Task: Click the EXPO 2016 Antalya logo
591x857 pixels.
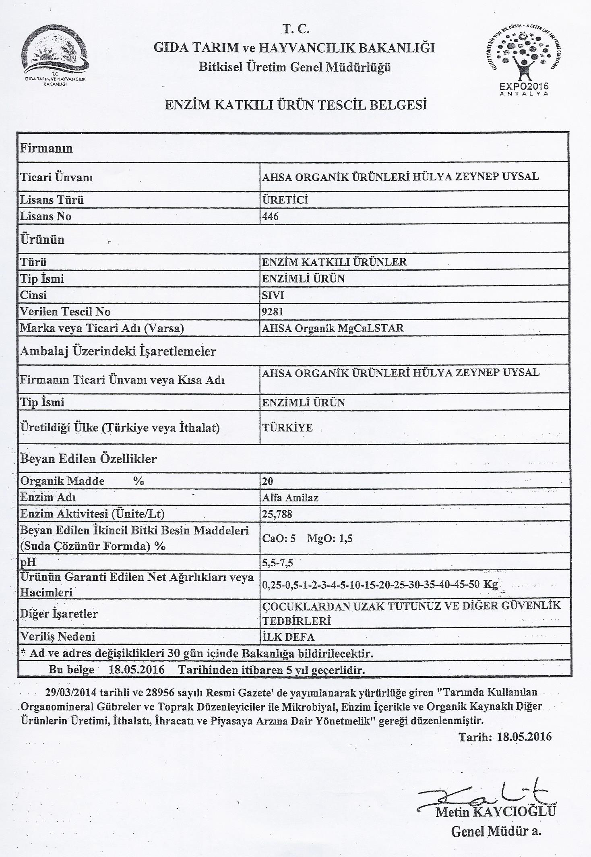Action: pyautogui.click(x=524, y=58)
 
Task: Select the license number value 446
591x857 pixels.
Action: pyautogui.click(x=270, y=217)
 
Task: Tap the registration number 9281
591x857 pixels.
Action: pyautogui.click(x=273, y=312)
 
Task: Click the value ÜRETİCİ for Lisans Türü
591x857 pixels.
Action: pyautogui.click(x=285, y=200)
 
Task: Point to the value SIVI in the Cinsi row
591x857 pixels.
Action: pyautogui.click(x=273, y=295)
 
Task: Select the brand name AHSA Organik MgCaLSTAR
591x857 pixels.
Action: pyautogui.click(x=333, y=328)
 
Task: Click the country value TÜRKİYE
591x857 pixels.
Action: pyautogui.click(x=287, y=428)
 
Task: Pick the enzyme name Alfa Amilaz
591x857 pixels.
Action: pyautogui.click(x=290, y=498)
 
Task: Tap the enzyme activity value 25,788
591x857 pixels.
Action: pyautogui.click(x=277, y=514)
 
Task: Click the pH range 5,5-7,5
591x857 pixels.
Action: pyautogui.click(x=277, y=563)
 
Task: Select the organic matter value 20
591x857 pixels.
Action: pyautogui.click(x=267, y=481)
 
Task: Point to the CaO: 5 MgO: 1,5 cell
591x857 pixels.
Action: pyautogui.click(x=307, y=539)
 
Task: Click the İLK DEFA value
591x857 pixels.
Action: pyautogui.click(x=288, y=637)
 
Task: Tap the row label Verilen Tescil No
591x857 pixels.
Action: pyautogui.click(x=65, y=312)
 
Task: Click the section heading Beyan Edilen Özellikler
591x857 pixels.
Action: pyautogui.click(x=89, y=459)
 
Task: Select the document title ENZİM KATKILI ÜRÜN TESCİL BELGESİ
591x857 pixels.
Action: pyautogui.click(x=296, y=105)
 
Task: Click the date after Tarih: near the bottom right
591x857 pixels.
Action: pyautogui.click(x=524, y=737)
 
